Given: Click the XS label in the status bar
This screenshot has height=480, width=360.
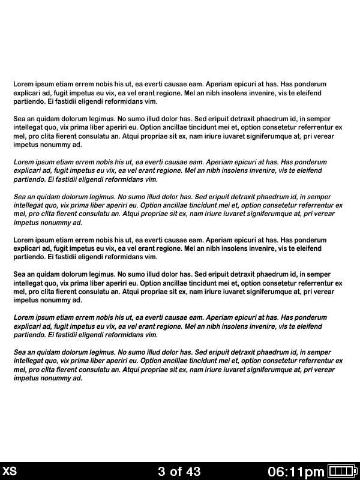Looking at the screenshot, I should tap(10, 472).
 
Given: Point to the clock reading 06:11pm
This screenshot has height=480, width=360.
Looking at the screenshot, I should tap(296, 472).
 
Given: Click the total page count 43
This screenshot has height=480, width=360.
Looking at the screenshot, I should tap(193, 472).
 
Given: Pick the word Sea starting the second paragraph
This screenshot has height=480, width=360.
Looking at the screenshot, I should tap(19, 119).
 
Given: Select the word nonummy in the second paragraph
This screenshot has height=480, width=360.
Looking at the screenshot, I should tap(53, 145).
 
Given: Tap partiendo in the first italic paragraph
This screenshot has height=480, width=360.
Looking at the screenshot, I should tap(29, 179).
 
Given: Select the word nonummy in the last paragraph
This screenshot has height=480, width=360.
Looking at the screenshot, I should tap(53, 378).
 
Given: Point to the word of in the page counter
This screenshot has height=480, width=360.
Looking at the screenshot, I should tap(176, 472).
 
